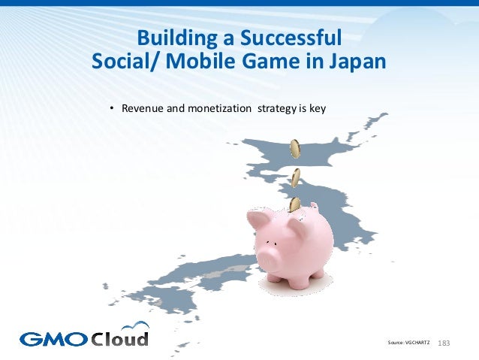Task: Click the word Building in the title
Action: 174,37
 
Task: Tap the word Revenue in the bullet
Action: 143,108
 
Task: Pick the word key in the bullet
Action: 318,108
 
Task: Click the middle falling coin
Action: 297,177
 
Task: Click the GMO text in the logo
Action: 53,337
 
